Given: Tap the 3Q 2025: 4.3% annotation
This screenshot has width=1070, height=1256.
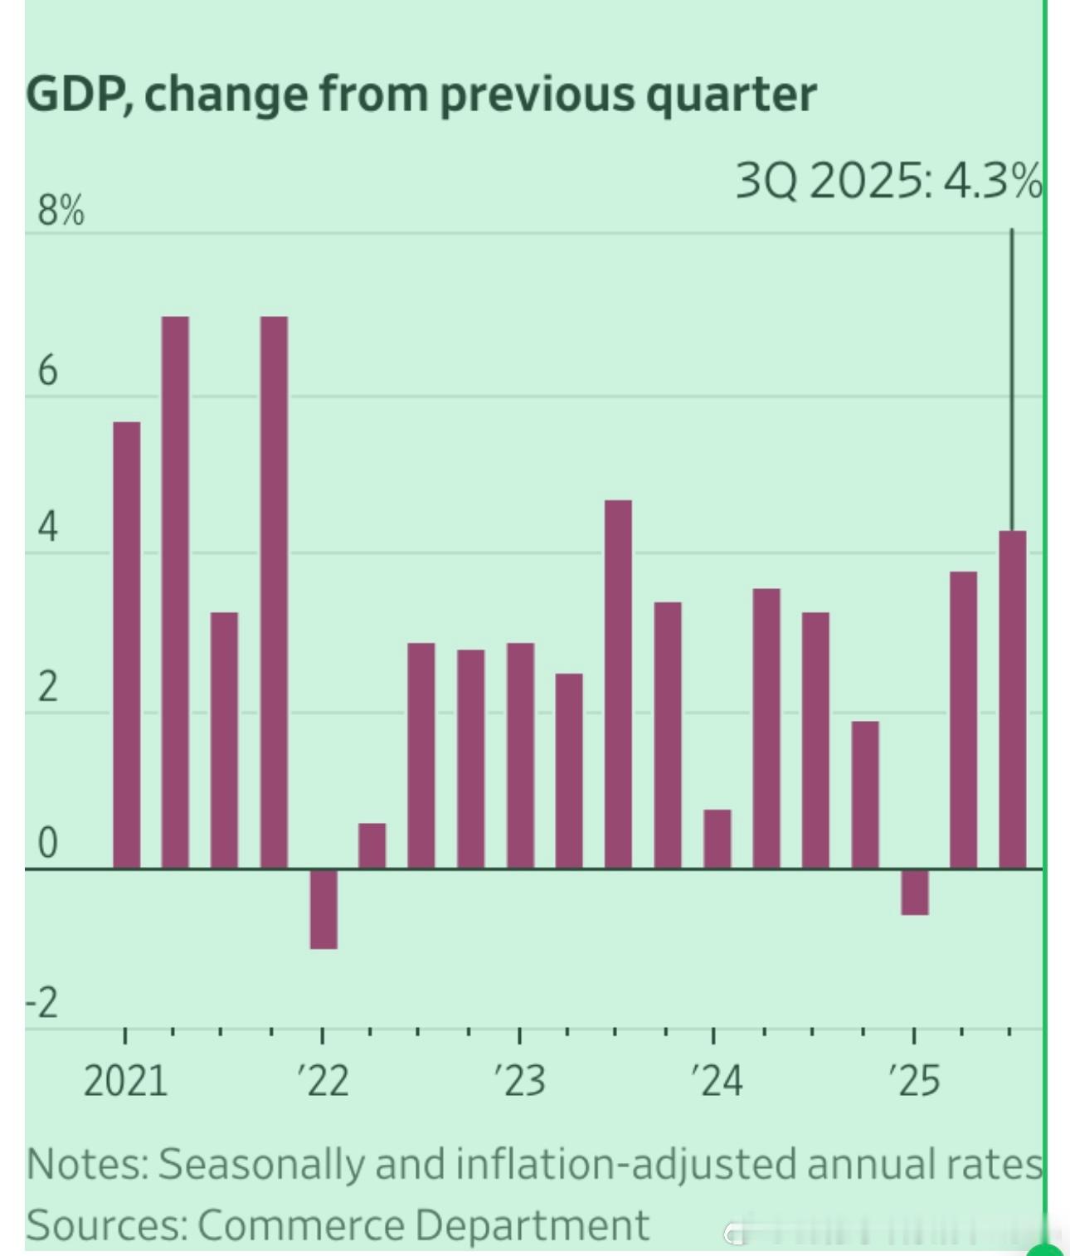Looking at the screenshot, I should pos(888,181).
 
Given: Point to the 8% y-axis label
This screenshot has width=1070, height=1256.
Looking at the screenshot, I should pos(60,212).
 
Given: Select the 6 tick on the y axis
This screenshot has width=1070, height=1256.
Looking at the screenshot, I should pos(47,370).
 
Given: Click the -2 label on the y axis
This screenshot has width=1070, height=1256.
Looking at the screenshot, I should pos(43,1004).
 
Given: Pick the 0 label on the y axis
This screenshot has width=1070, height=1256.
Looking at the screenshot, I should pos(47,845).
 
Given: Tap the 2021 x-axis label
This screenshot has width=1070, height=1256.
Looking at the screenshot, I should pos(125,1081).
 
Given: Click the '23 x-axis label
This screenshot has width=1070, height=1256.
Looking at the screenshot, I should pos(520,1081).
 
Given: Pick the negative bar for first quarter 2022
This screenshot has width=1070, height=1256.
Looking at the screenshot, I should pos(323,909).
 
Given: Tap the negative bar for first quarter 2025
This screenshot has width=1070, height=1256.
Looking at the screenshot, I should pos(915,893).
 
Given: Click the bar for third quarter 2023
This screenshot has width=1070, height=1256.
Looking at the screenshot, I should pos(618,684).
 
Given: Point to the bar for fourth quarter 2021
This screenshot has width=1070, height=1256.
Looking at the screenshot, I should pos(274,592).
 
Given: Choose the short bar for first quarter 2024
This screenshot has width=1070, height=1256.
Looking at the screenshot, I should pos(717,839).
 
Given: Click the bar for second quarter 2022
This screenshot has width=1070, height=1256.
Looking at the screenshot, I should pos(372,846).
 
